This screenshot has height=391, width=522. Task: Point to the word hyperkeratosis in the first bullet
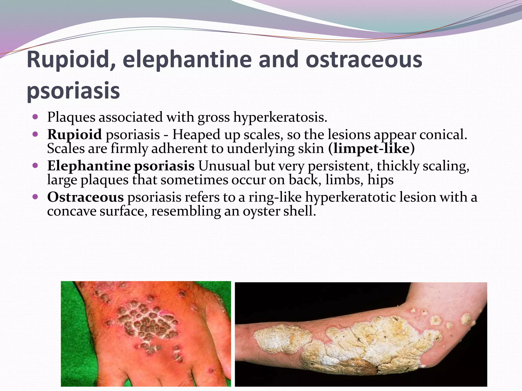280,118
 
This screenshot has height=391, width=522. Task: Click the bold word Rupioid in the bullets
74,134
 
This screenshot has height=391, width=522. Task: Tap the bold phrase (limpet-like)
372,149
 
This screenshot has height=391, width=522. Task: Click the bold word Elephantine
89,166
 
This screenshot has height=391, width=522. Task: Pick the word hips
381,180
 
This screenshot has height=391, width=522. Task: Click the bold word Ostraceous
85,197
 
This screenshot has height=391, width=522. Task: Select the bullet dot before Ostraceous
35,197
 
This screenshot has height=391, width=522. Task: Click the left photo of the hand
146,333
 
